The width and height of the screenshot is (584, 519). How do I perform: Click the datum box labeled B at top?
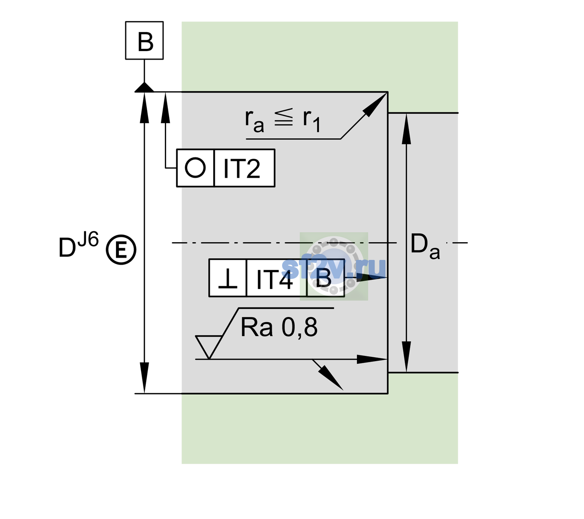[x=144, y=40]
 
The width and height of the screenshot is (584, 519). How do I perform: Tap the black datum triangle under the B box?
[x=144, y=88]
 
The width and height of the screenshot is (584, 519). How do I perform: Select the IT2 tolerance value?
[x=241, y=168]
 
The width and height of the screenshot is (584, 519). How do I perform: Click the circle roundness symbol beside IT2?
[x=195, y=168]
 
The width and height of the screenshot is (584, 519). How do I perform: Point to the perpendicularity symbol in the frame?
[x=228, y=279]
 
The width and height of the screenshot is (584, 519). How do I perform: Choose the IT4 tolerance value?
[x=274, y=279]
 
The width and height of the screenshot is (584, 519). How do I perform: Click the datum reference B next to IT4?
[x=324, y=278]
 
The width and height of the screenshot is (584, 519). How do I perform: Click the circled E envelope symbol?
[x=121, y=250]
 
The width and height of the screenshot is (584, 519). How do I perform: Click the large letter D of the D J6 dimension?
[x=67, y=247]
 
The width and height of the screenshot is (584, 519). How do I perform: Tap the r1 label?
[x=311, y=121]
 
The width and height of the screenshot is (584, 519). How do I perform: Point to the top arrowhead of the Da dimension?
[x=406, y=129]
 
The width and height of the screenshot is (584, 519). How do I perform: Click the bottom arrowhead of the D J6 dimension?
[x=144, y=377]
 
